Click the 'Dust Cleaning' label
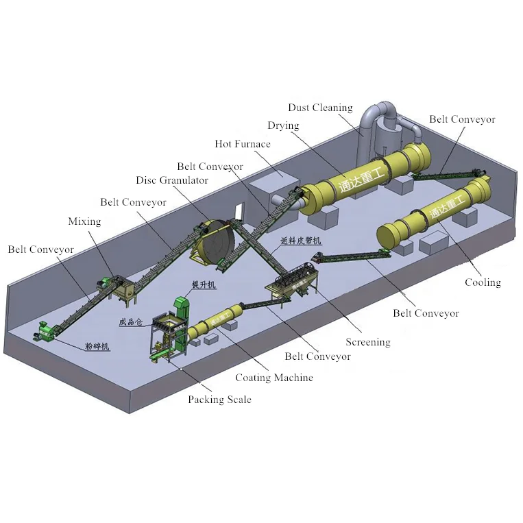click(320, 108)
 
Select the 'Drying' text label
click(283, 125)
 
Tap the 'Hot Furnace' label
click(242, 144)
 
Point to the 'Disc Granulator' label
click(171, 180)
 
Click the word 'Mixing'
click(84, 221)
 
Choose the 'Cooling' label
click(483, 282)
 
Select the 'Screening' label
click(367, 342)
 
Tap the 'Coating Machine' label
click(273, 378)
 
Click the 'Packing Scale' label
click(219, 400)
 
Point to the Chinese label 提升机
click(204, 285)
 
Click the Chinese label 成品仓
click(132, 321)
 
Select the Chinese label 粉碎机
click(97, 348)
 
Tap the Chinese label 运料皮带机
click(300, 241)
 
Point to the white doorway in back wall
click(238, 212)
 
